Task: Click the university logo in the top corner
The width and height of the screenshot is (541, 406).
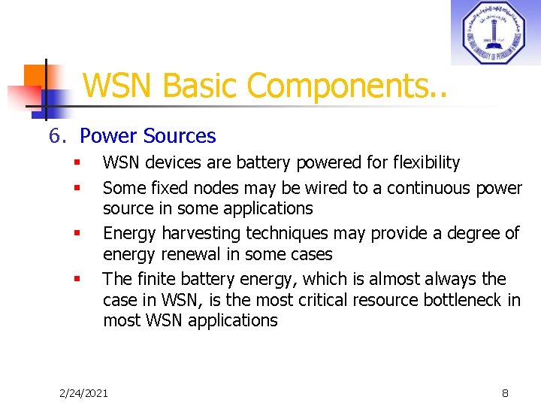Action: [x=495, y=32]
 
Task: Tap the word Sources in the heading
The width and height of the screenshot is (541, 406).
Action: [x=180, y=136]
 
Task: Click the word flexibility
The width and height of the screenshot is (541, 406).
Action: [x=422, y=163]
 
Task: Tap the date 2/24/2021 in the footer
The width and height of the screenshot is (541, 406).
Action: [x=83, y=392]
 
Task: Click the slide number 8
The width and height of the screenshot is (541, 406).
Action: [x=505, y=392]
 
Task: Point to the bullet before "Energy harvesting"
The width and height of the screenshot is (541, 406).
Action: [x=77, y=234]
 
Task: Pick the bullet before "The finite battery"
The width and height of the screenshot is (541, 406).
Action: [x=77, y=280]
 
